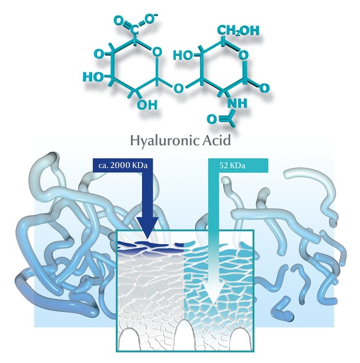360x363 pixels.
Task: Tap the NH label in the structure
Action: pos(235,103)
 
